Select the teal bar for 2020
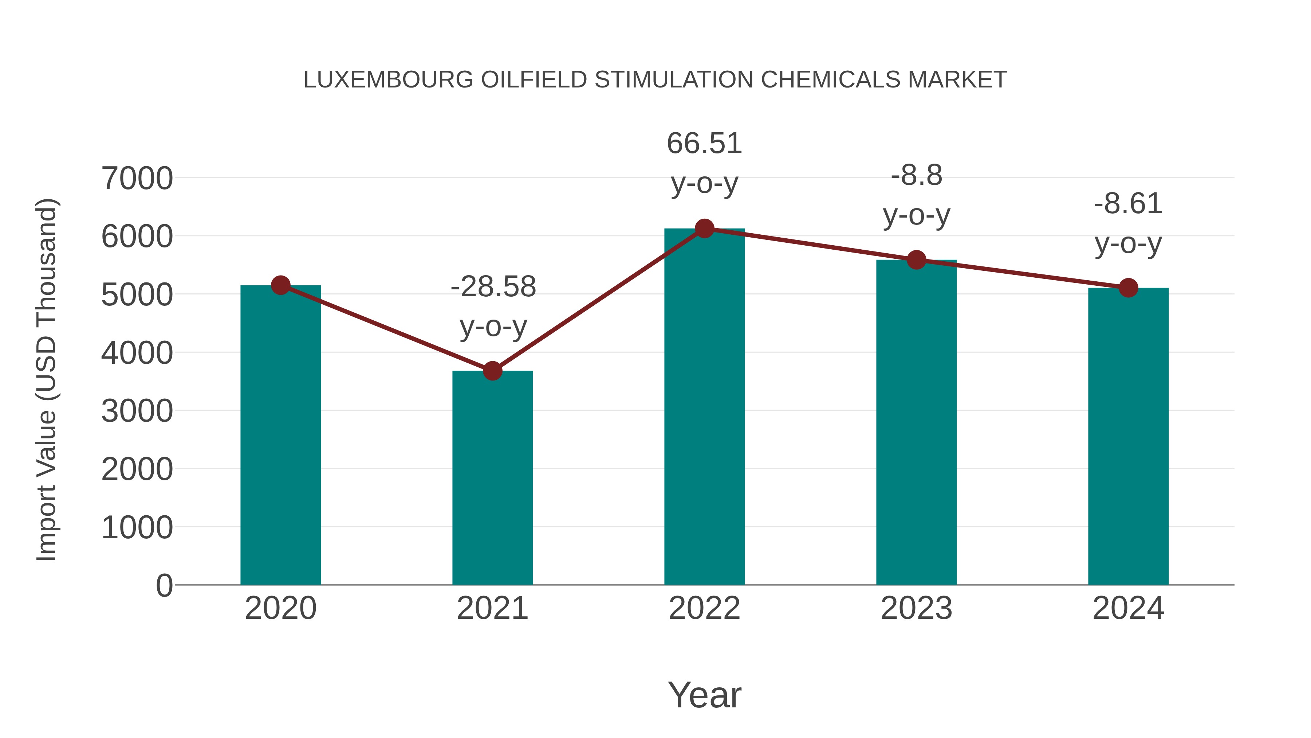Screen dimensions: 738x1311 [x=280, y=438]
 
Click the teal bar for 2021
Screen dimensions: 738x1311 [x=492, y=479]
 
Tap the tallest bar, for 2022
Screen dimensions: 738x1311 [x=704, y=407]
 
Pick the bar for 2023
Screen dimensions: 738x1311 [x=916, y=423]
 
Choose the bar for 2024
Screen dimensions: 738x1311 [x=1128, y=438]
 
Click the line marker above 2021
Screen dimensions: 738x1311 [x=492, y=371]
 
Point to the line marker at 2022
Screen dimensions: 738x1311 [x=704, y=229]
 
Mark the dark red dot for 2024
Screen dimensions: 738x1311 [x=1128, y=288]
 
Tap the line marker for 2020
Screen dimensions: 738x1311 [x=280, y=285]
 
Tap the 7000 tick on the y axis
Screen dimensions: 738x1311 [x=137, y=179]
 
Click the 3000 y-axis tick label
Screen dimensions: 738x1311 [x=137, y=411]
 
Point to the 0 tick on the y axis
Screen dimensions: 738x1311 [x=164, y=586]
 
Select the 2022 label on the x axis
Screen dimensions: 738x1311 [x=704, y=608]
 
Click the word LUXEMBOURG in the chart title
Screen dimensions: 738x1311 [x=388, y=80]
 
